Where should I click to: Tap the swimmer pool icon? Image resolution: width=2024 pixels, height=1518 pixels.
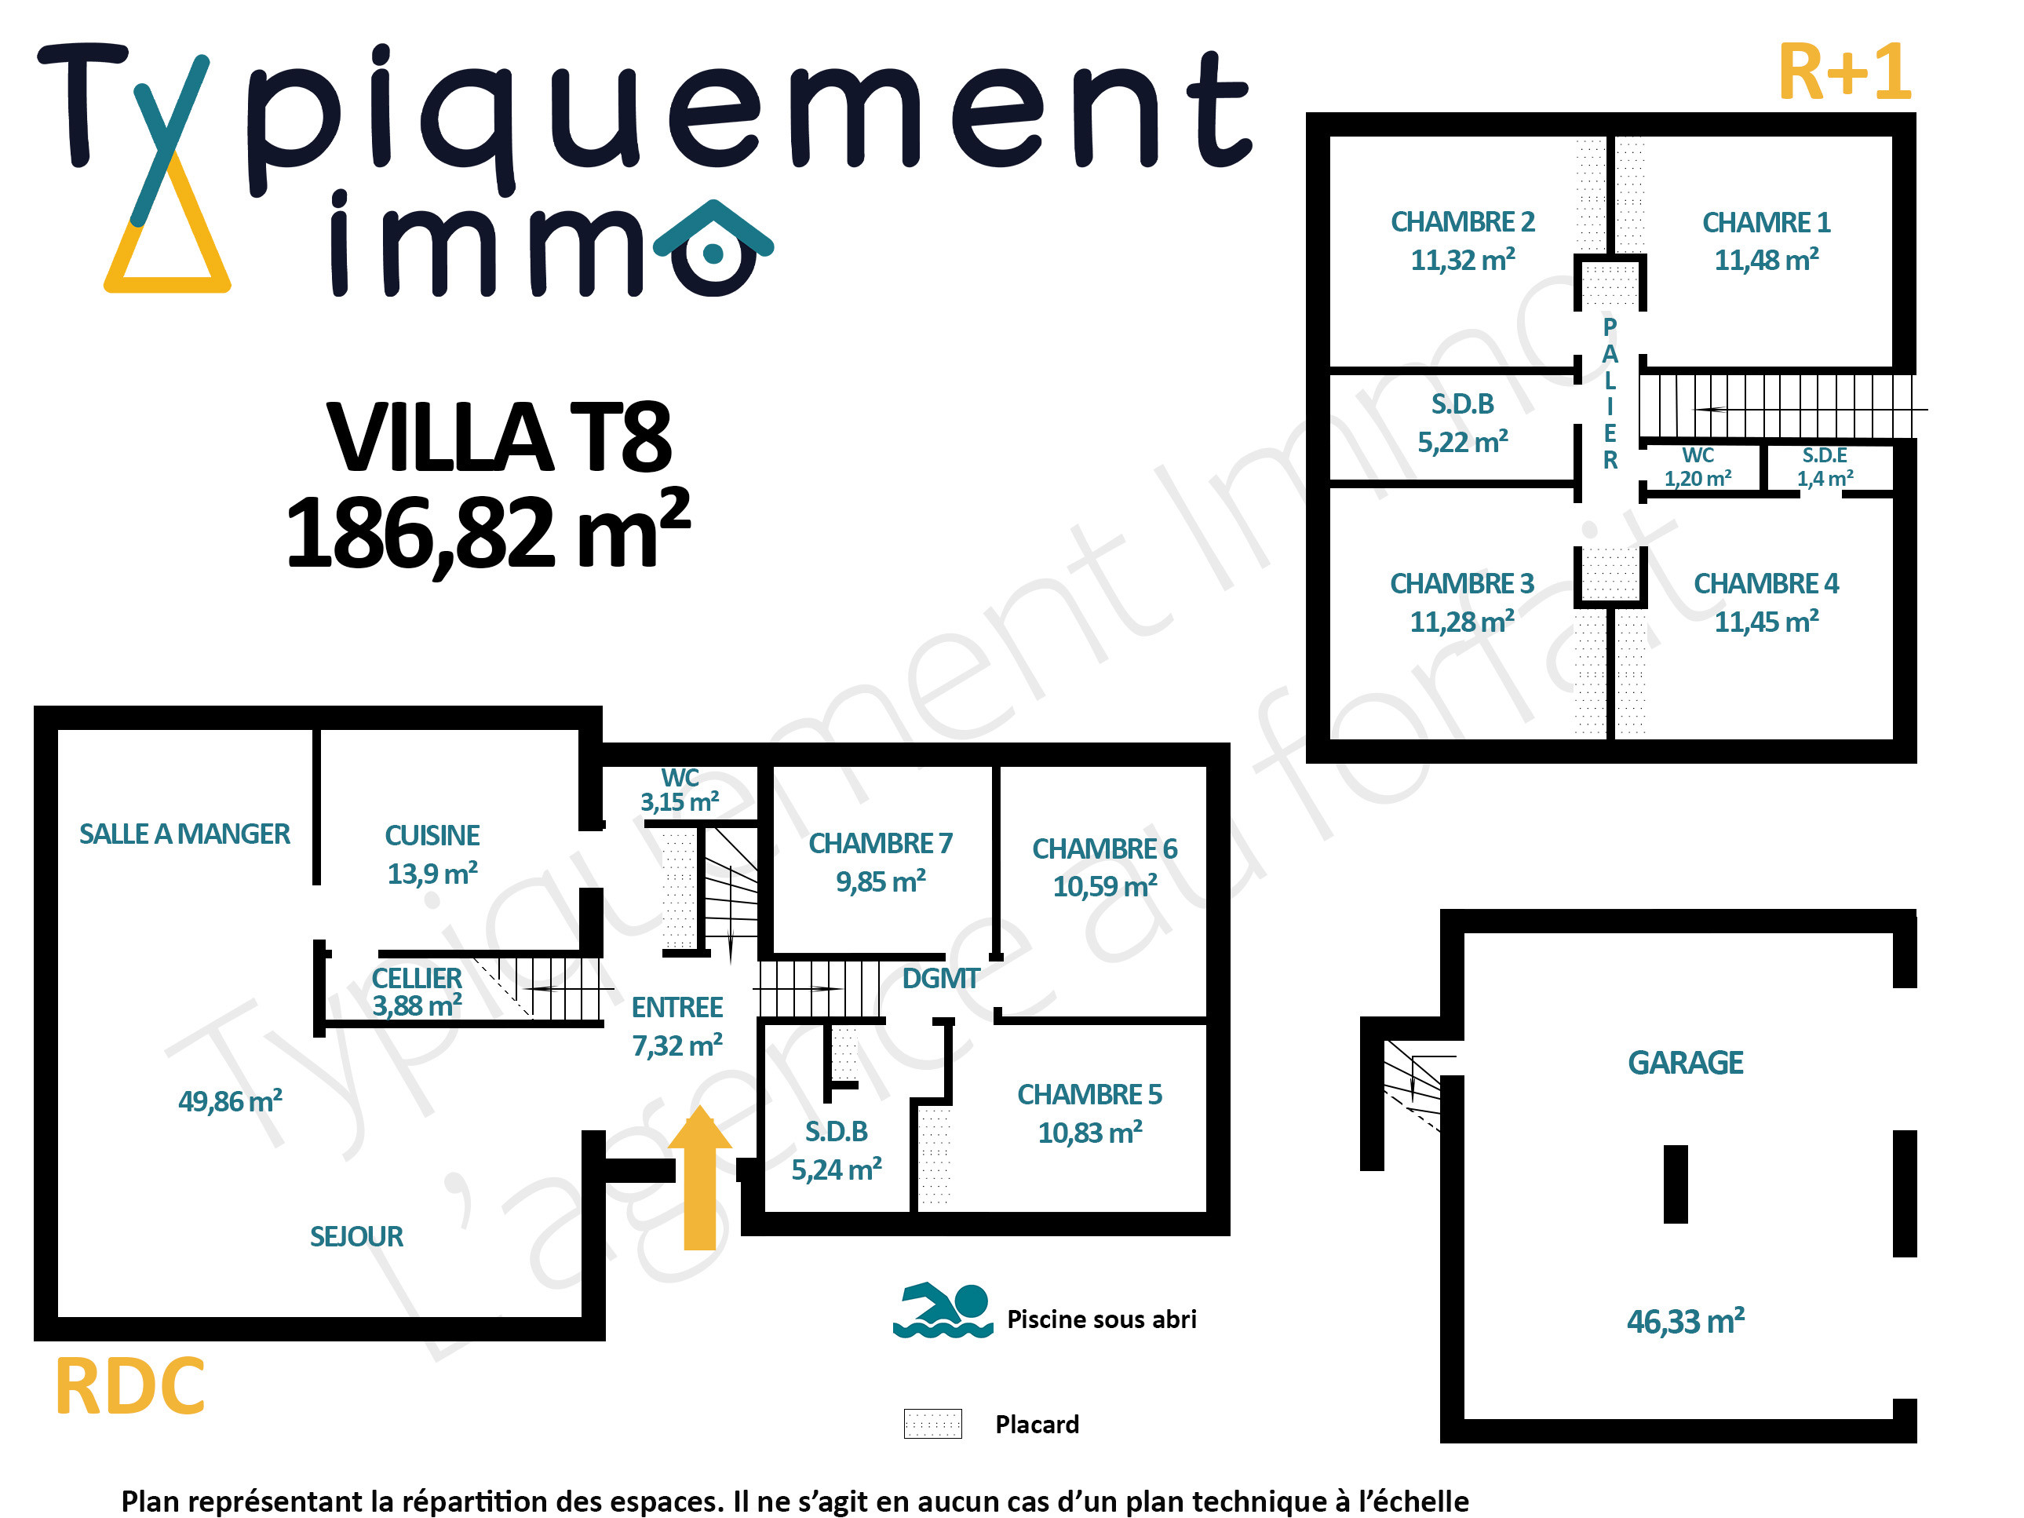coord(943,1310)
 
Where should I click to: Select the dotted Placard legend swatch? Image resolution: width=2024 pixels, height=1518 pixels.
coord(932,1424)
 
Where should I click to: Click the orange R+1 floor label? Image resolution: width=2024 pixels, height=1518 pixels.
coord(1844,72)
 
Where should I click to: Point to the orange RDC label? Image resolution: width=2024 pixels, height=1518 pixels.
coord(130,1387)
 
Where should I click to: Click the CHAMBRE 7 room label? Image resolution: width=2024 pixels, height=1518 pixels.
coord(881,843)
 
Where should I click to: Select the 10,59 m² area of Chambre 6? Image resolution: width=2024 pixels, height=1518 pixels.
coord(1104,885)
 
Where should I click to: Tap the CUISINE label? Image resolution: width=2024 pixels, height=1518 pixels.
coord(432,835)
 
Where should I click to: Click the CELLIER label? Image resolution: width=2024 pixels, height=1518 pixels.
coord(416,978)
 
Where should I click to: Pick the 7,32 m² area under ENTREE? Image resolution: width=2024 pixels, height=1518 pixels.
coord(677,1045)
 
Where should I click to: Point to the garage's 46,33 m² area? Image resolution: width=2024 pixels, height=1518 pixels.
coord(1686,1321)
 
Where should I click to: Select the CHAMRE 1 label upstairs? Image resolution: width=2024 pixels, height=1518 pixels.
coord(1766,222)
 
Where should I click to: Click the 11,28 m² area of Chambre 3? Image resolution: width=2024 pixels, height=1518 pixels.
coord(1462,622)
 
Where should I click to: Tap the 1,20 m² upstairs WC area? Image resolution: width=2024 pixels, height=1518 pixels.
coord(1698,478)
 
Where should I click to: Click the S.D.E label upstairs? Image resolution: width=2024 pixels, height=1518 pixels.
coord(1825,454)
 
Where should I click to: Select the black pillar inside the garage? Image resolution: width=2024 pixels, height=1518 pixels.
coord(1676,1184)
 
